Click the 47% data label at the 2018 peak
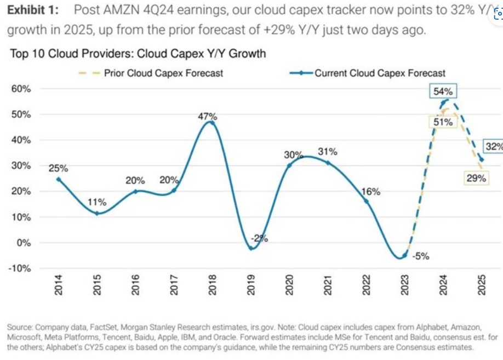[x=208, y=116]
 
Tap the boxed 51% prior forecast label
[x=443, y=122]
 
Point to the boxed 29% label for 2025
[x=476, y=178]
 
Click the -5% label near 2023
[x=421, y=256]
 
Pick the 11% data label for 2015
[x=97, y=203]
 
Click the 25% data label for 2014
[x=59, y=168]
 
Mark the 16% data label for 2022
[x=370, y=191]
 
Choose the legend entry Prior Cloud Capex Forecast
[x=163, y=73]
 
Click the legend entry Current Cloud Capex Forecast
[x=380, y=73]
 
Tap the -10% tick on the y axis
[x=19, y=268]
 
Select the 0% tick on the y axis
[x=24, y=242]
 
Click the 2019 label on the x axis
[x=250, y=285]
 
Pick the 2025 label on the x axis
[x=482, y=285]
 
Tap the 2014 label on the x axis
[x=59, y=285]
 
